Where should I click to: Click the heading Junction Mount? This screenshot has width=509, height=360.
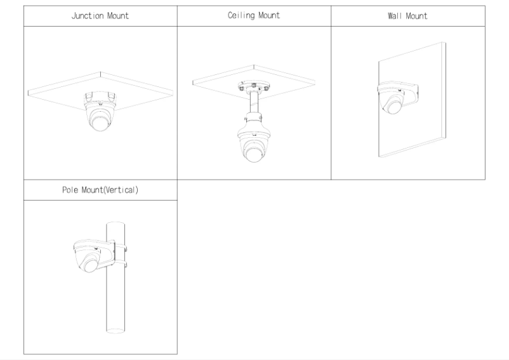point(100,16)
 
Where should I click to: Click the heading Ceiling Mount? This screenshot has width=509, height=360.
point(254,16)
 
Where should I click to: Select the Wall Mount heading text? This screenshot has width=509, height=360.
point(407,16)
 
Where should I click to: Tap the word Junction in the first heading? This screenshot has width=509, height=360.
point(88,16)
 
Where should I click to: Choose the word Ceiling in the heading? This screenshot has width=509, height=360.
point(240,16)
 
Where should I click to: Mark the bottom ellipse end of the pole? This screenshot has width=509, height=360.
point(116,330)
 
